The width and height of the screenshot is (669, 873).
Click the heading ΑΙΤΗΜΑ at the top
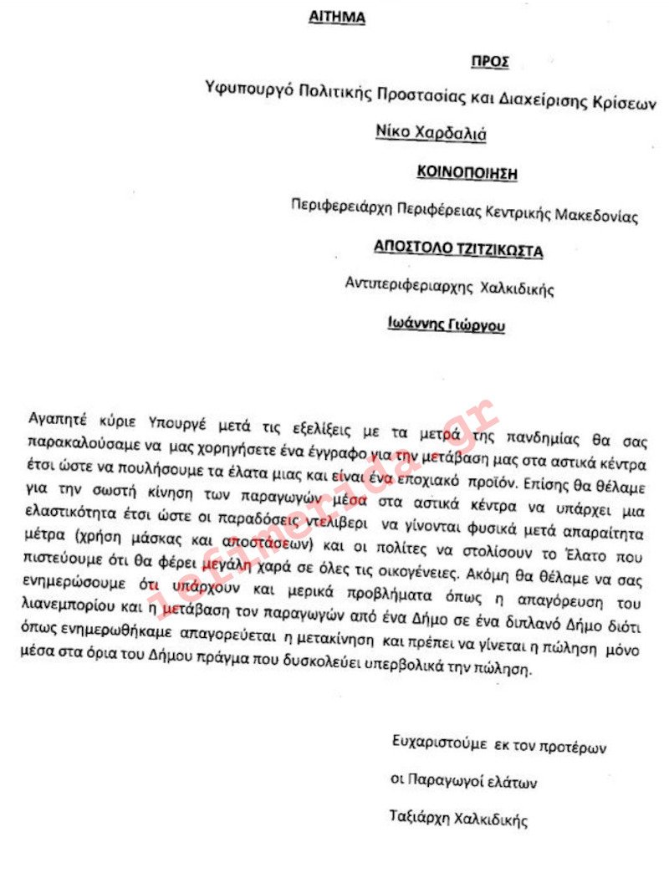337,18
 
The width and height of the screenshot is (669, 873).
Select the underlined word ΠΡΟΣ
490,62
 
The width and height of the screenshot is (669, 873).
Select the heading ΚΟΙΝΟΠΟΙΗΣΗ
467,173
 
